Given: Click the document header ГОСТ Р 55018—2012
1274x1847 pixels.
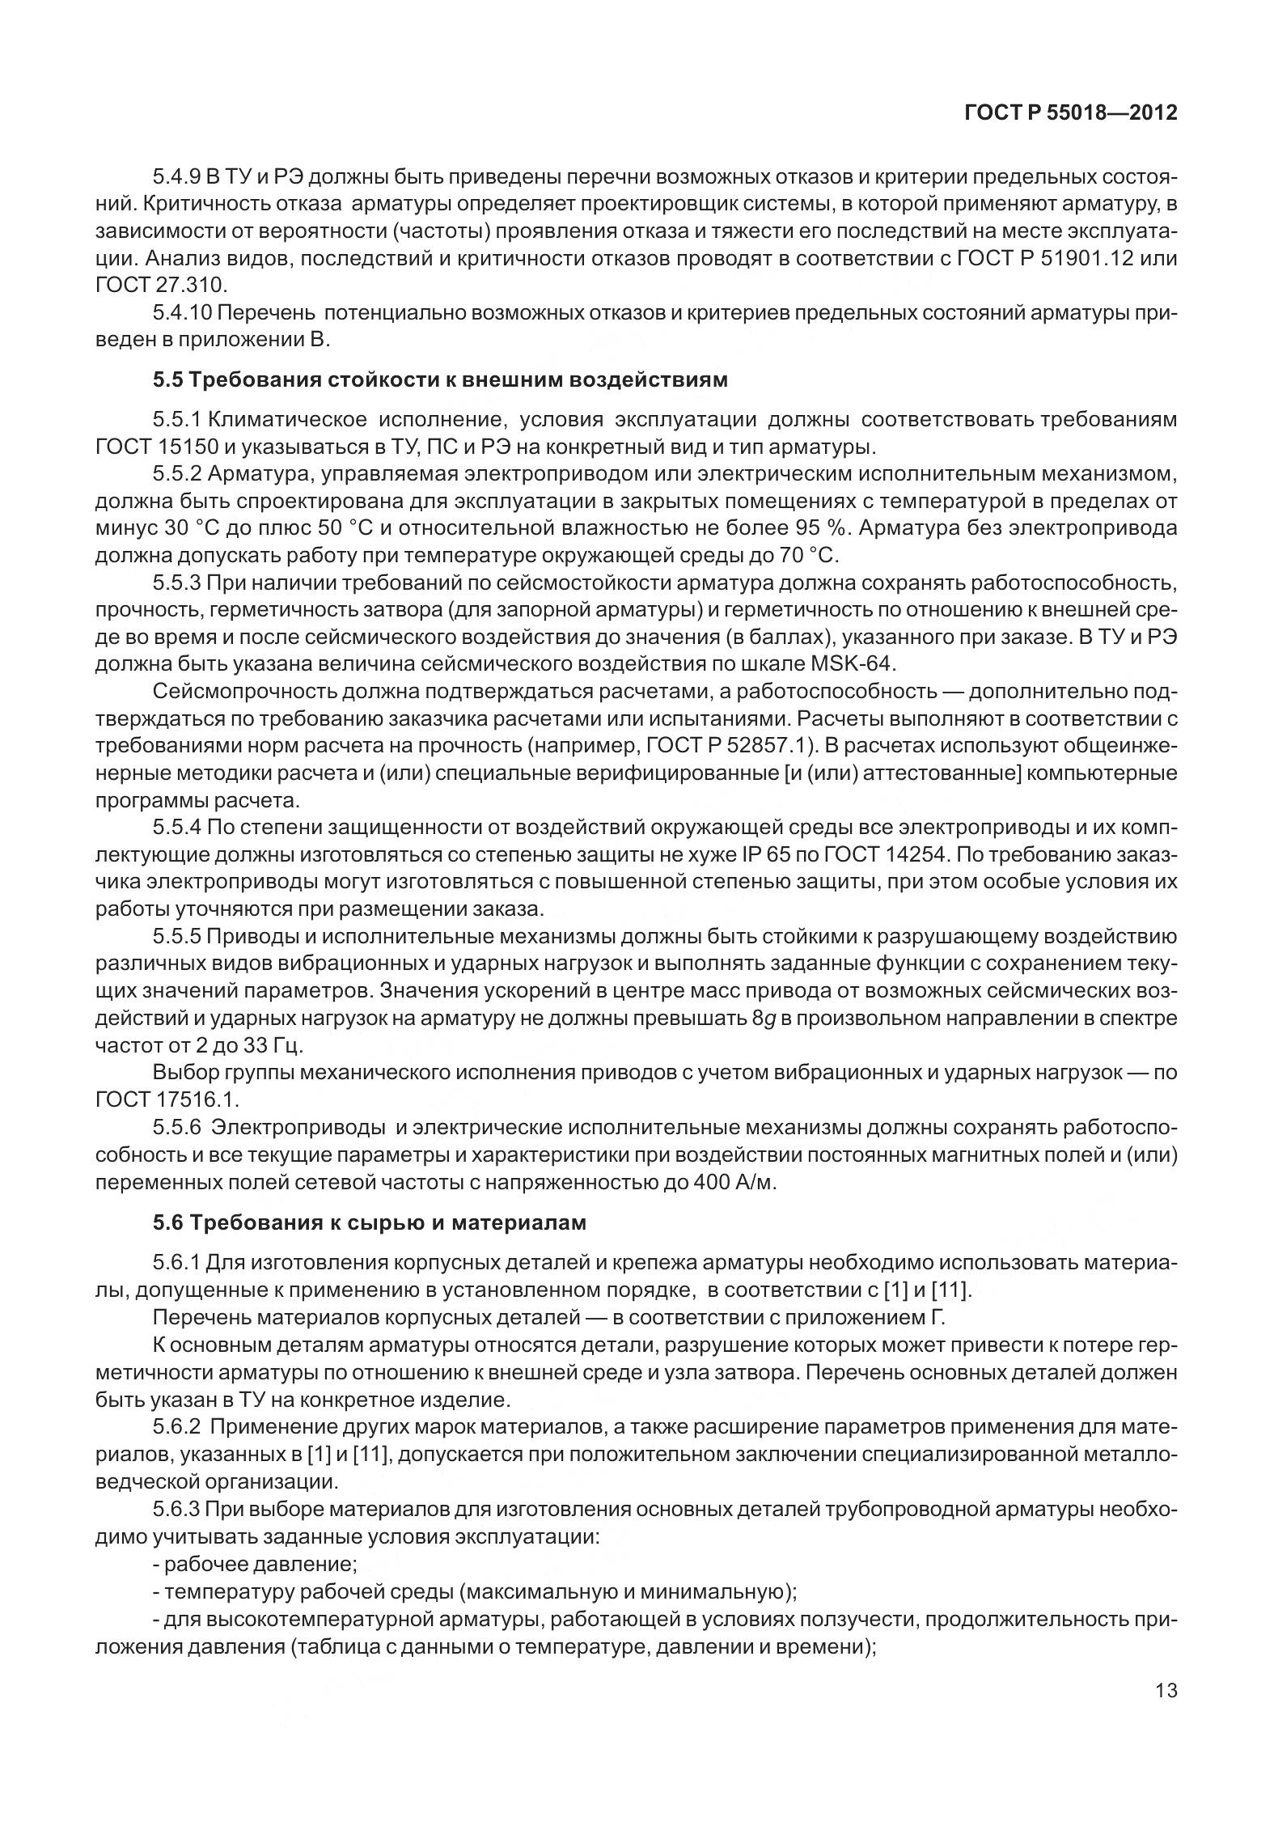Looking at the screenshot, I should [x=1070, y=112].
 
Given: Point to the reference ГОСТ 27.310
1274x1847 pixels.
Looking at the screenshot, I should [x=162, y=286].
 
